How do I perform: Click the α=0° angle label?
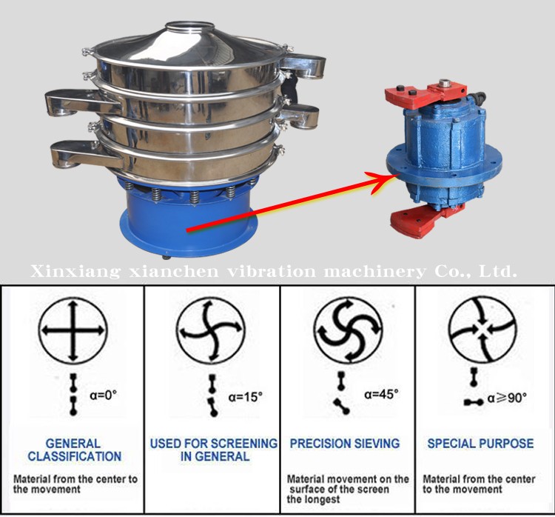click(104, 394)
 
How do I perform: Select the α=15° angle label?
click(245, 396)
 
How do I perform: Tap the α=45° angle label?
click(381, 394)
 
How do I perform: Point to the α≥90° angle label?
click(507, 398)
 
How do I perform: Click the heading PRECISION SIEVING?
click(345, 443)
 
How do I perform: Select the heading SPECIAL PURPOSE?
click(480, 443)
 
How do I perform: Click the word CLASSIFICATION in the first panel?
click(75, 456)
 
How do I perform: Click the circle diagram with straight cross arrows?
click(73, 331)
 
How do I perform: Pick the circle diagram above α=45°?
click(349, 330)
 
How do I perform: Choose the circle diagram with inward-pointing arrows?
click(482, 330)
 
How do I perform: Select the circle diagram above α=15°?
click(212, 331)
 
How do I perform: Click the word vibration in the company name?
click(271, 272)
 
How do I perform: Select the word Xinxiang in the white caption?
click(75, 272)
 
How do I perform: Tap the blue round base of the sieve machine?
click(188, 221)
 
